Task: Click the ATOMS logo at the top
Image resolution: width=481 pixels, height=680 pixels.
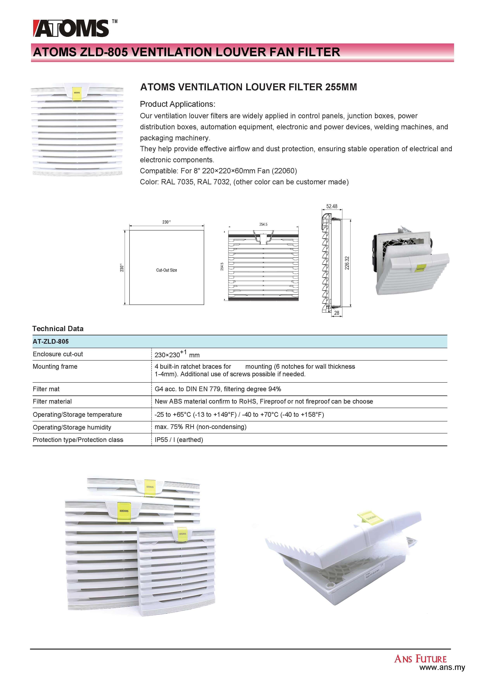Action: tap(71, 28)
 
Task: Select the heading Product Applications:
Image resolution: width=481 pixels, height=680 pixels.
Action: tap(177, 104)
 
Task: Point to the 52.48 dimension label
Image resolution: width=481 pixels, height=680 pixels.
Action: tap(332, 206)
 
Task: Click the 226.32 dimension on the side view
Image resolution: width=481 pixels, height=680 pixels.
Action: tap(347, 263)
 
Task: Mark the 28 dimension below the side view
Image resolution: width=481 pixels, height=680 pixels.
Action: tap(337, 313)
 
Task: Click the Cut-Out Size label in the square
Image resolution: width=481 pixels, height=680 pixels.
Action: tap(167, 270)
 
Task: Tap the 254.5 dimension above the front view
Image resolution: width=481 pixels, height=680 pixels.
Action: tap(263, 224)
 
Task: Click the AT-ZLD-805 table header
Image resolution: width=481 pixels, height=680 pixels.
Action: tap(51, 342)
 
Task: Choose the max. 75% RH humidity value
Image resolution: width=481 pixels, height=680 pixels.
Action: tap(200, 427)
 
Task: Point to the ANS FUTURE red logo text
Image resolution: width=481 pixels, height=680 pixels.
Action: tap(420, 659)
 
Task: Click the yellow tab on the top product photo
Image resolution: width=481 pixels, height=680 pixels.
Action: tap(77, 93)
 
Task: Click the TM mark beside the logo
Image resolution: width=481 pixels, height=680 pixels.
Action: tap(115, 21)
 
